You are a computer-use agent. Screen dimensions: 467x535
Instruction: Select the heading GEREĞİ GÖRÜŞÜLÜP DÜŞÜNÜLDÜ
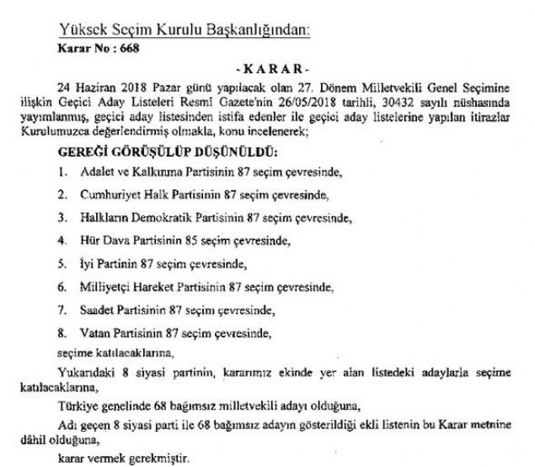[166, 152]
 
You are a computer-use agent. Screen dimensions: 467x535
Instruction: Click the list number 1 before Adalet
[62, 173]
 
